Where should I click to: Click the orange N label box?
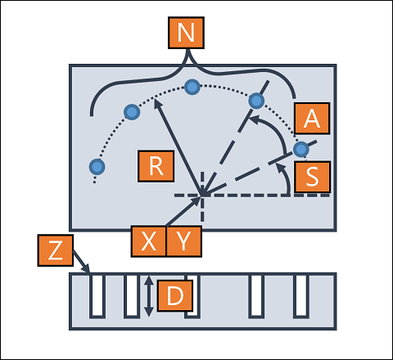point(186,33)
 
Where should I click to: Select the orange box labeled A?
point(312,119)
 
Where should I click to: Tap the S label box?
point(312,177)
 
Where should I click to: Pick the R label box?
point(156,166)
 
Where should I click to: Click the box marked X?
point(149,241)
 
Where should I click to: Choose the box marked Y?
point(184,241)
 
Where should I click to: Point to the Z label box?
point(56,250)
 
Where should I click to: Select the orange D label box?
point(175,295)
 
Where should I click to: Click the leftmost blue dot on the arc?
point(97,167)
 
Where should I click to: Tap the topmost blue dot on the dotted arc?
point(192,87)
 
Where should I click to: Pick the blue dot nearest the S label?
point(301,149)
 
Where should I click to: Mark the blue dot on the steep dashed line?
point(256,101)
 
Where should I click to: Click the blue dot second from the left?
point(132,112)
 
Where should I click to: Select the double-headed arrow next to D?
point(148,296)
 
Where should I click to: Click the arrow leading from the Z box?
point(81,262)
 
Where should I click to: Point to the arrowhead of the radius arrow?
point(156,103)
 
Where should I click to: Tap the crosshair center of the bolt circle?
point(202,196)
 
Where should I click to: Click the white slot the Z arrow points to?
point(97,296)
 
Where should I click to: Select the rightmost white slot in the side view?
point(301,296)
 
